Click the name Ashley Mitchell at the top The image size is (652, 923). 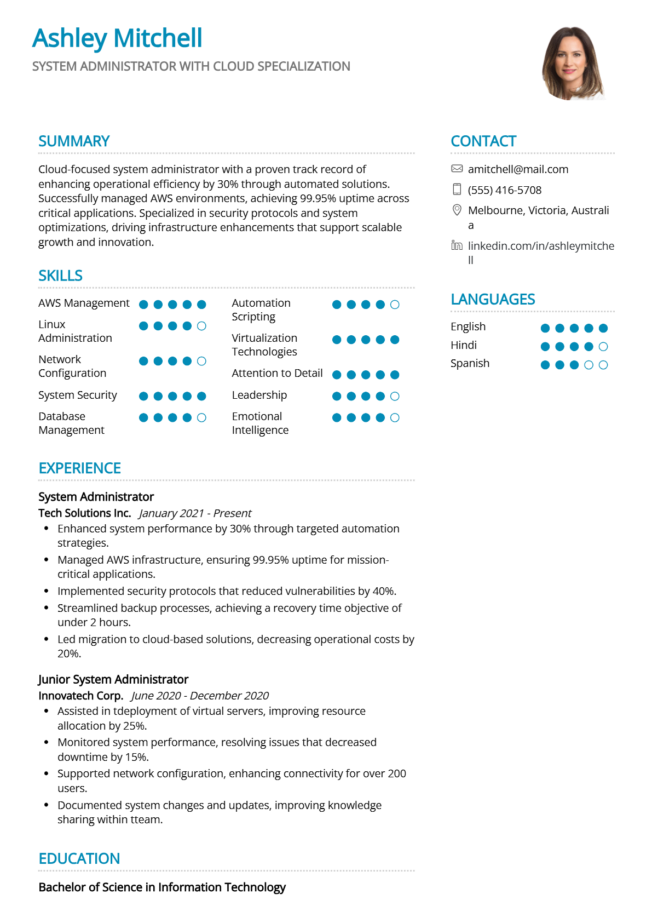point(117,38)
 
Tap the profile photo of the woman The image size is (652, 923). point(572,63)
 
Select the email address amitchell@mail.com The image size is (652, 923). point(518,169)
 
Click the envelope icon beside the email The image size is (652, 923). point(457,169)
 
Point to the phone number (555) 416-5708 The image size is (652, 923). point(504,190)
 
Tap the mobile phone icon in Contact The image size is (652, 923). point(457,190)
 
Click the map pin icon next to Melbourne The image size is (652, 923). point(457,210)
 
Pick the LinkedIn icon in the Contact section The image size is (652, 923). point(457,245)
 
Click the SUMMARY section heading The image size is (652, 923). point(74,141)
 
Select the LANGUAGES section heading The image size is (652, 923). point(493,300)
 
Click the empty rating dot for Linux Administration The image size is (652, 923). point(201,326)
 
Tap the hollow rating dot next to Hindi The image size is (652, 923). point(603,347)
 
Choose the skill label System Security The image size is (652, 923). point(78,395)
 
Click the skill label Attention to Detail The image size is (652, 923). point(277,373)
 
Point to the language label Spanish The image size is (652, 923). point(470,363)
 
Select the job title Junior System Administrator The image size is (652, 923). point(113,679)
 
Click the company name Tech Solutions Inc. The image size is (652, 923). point(85,513)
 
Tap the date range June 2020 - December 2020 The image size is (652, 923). point(200,696)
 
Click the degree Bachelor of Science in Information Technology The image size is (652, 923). point(162,887)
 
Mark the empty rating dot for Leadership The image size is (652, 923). point(395,396)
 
